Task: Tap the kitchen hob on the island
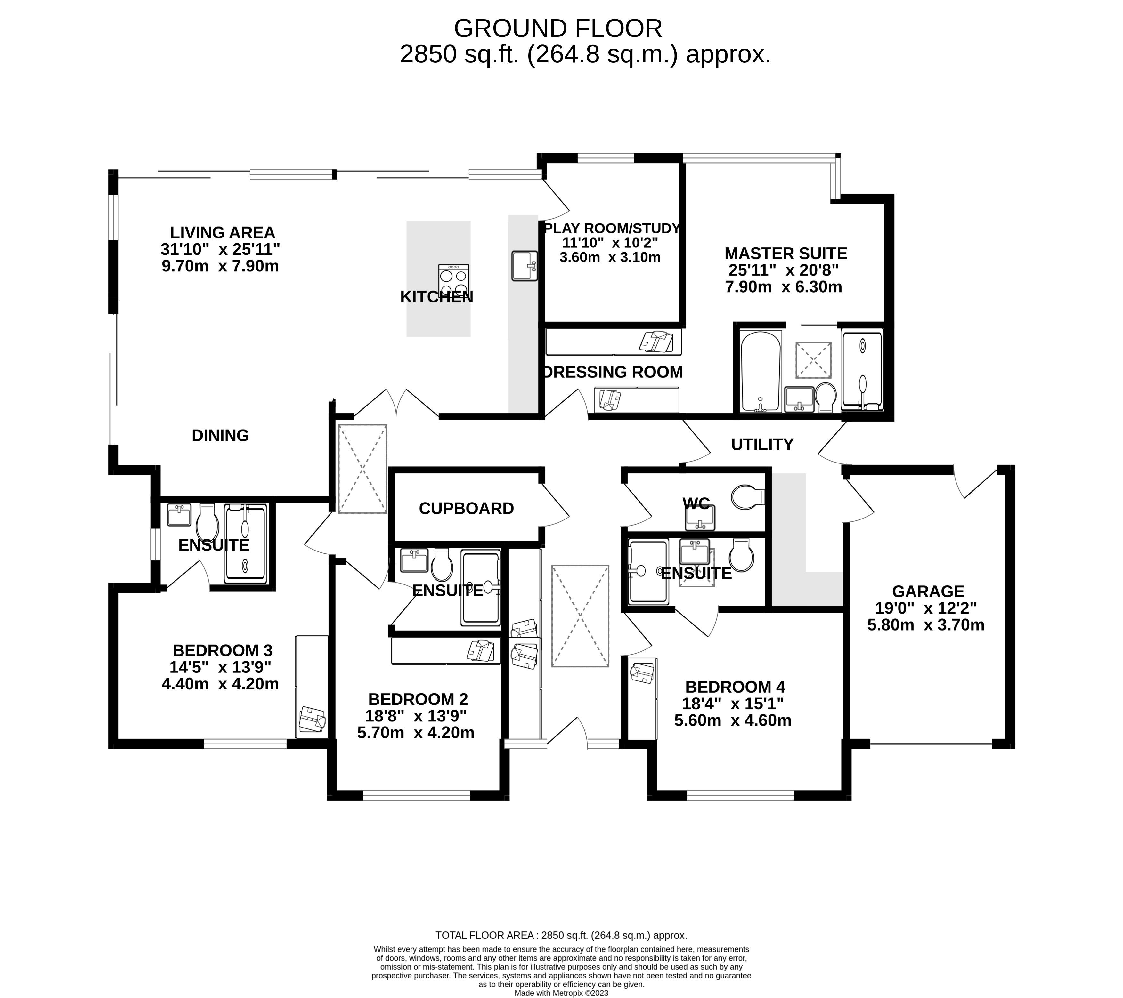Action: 454,281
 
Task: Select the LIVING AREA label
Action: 223,233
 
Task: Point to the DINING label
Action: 220,436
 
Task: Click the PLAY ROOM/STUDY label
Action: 612,228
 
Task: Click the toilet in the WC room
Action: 748,496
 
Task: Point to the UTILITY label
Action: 762,444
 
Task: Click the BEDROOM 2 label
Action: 418,699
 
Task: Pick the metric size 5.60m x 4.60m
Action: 733,720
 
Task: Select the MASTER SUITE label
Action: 786,253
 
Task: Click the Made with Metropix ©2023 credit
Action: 561,993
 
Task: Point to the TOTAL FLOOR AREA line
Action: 561,935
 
